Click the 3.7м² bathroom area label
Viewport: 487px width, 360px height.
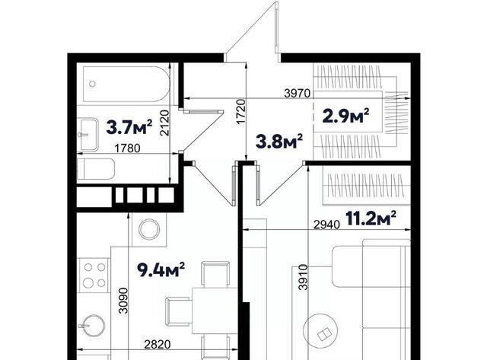click(x=129, y=127)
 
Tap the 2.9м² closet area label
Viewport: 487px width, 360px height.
click(x=346, y=116)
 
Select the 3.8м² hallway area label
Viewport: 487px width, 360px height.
click(x=279, y=142)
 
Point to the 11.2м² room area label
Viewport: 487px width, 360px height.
click(x=371, y=218)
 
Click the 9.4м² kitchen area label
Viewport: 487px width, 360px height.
click(x=161, y=269)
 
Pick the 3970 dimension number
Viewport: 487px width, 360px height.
click(x=298, y=93)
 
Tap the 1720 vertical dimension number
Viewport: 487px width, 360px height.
click(x=241, y=112)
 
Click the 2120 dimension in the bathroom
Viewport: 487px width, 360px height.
click(x=164, y=123)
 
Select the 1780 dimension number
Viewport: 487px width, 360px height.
click(x=127, y=148)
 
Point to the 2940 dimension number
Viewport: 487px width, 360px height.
click(x=326, y=225)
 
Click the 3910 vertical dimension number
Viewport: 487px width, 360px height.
click(x=303, y=277)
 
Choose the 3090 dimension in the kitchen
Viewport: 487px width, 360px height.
click(x=123, y=301)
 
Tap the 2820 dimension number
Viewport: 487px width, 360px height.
click(x=158, y=344)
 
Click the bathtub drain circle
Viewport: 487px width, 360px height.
click(x=92, y=84)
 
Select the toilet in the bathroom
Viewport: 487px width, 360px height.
click(x=96, y=169)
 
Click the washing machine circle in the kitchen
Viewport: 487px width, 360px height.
click(x=149, y=230)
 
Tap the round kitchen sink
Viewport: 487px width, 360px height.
click(x=94, y=326)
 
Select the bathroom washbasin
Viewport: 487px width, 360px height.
click(x=89, y=135)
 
